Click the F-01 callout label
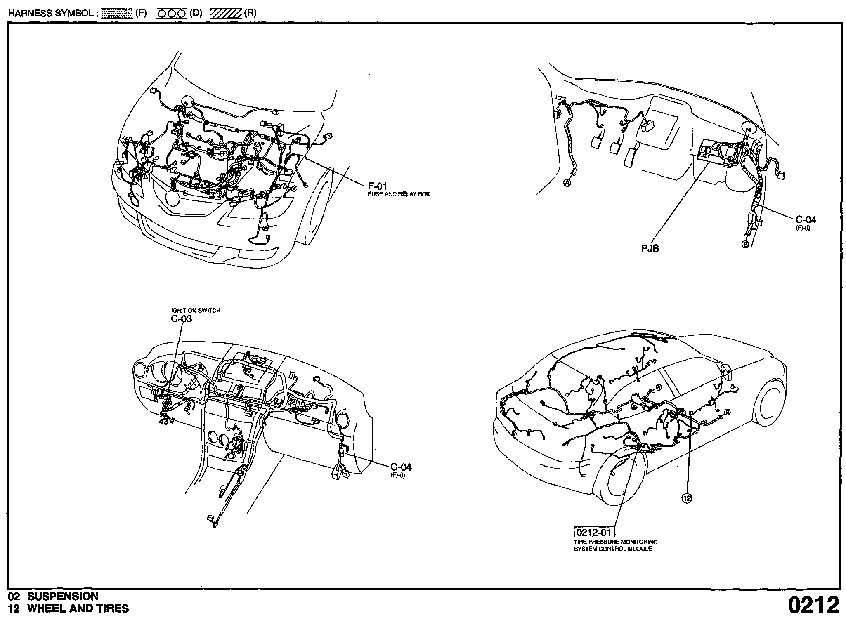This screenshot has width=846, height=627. click(377, 186)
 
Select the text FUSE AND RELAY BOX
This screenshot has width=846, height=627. click(399, 194)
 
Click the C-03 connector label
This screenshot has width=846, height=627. click(181, 319)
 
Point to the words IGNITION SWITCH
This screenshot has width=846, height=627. click(196, 310)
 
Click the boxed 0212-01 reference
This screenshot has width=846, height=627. click(593, 532)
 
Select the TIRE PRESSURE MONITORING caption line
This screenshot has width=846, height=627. click(615, 542)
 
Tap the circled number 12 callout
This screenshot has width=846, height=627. click(686, 498)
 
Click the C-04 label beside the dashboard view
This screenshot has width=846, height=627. click(401, 467)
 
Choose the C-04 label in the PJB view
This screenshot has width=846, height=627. click(806, 220)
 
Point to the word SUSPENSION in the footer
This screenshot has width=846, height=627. click(63, 596)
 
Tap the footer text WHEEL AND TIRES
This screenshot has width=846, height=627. click(78, 608)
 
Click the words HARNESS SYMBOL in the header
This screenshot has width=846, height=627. click(50, 13)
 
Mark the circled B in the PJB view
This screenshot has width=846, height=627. click(745, 244)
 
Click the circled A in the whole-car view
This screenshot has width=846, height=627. click(658, 387)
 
